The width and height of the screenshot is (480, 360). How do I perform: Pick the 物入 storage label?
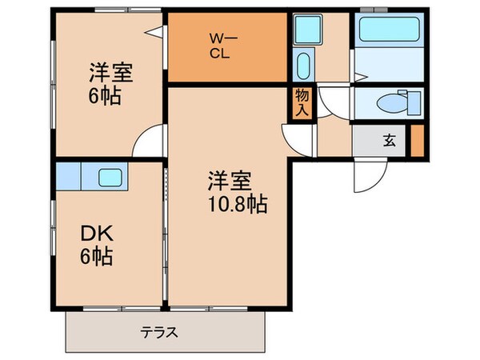(302, 101)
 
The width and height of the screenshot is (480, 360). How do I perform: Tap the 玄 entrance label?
(389, 141)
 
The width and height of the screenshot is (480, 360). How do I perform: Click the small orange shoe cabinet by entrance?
(416, 141)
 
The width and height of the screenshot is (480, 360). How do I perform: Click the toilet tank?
(414, 102)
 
